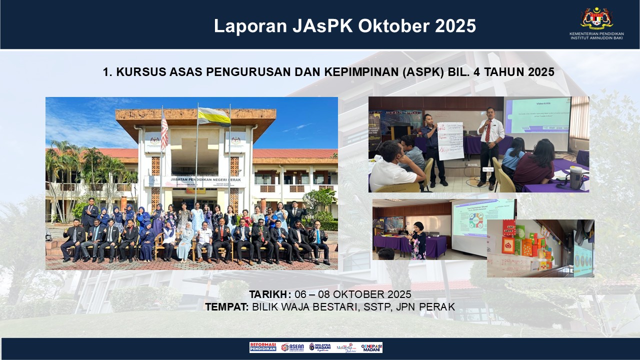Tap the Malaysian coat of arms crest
pyautogui.click(x=596, y=18)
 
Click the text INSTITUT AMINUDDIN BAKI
pyautogui.click(x=596, y=38)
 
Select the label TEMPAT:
pyautogui.click(x=226, y=306)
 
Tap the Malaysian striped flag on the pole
pyautogui.click(x=164, y=130)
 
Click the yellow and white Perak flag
pyautogui.click(x=214, y=116)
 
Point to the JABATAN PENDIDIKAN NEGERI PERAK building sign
pyautogui.click(x=195, y=178)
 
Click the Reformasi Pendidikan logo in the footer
pyautogui.click(x=262, y=347)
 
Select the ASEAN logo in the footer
pyautogui.click(x=292, y=347)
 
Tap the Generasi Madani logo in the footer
pyautogui.click(x=371, y=347)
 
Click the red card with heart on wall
pyautogui.click(x=508, y=245)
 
